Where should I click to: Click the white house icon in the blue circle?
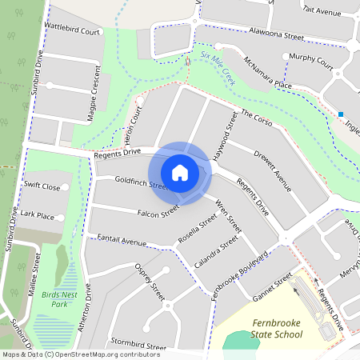[180, 173]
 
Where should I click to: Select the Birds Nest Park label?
[53, 299]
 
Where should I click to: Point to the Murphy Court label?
[311, 59]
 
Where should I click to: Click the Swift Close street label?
[42, 186]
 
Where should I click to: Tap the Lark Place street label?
[38, 215]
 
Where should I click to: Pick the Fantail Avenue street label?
[122, 240]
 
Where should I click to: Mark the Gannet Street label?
[273, 284]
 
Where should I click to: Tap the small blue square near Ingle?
[341, 114]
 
